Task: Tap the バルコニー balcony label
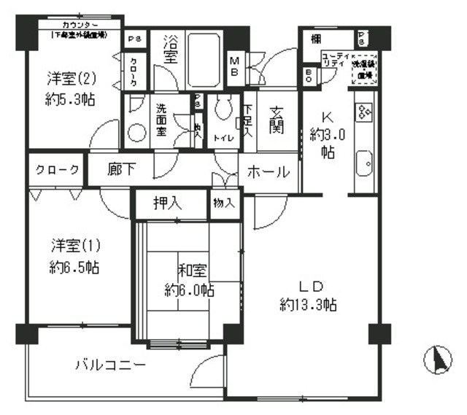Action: tap(111, 364)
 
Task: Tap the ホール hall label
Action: tap(269, 172)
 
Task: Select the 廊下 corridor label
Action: tap(120, 171)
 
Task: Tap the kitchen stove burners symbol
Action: tap(363, 110)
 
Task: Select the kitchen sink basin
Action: tap(363, 166)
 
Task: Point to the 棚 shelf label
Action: tap(315, 39)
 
